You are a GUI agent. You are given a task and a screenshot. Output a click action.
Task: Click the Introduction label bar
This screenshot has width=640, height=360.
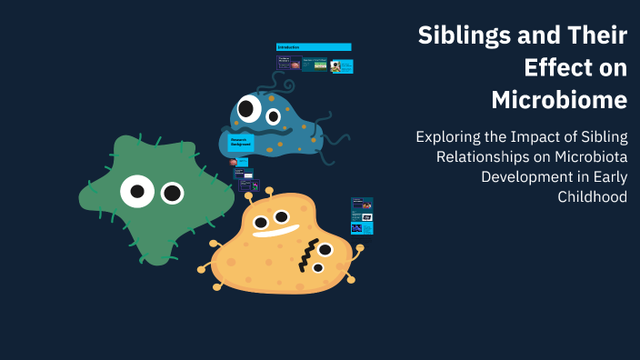tap(314, 47)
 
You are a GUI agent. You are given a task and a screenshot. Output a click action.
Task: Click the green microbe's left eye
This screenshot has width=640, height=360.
tap(137, 191)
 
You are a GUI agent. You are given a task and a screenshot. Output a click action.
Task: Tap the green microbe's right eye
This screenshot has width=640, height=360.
tap(172, 193)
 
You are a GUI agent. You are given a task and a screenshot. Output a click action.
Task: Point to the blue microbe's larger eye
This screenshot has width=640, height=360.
tap(248, 109)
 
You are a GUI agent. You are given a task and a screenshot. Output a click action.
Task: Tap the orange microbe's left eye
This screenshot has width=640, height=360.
tap(261, 221)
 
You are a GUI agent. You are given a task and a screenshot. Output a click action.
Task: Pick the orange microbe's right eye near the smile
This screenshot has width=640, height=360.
tap(282, 216)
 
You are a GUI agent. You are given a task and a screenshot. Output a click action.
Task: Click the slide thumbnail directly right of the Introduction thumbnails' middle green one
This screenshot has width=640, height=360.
tap(342, 65)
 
